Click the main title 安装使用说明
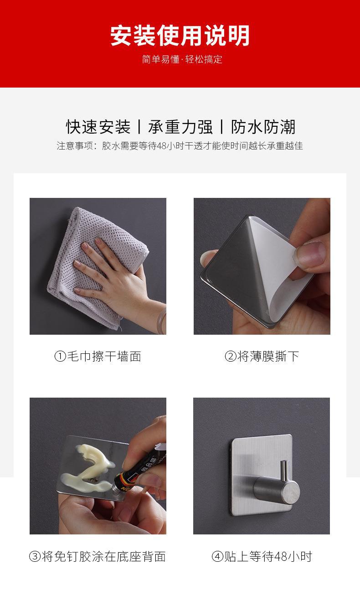tap(180, 36)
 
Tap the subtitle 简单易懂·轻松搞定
tap(182, 59)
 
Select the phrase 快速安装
tap(98, 127)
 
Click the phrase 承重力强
tap(180, 127)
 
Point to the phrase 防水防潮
tap(263, 127)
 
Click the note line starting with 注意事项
tap(180, 145)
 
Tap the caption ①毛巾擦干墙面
tap(98, 356)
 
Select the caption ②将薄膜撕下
tap(262, 356)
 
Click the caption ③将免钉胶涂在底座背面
tap(98, 556)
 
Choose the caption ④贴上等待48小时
tap(262, 556)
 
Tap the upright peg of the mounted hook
tap(285, 471)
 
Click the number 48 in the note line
tap(162, 146)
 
